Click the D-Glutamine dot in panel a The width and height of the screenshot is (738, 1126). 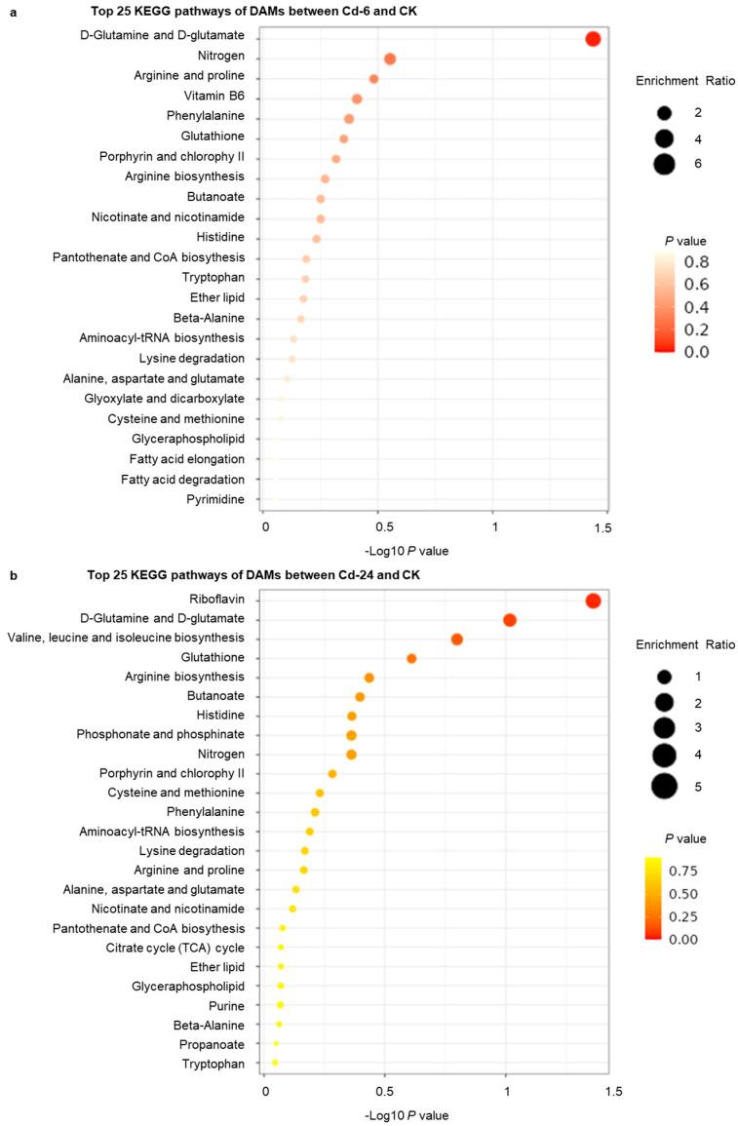tap(592, 39)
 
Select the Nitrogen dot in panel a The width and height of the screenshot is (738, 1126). tap(390, 59)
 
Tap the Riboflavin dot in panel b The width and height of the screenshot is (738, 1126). tap(593, 602)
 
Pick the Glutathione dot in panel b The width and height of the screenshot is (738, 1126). tap(411, 659)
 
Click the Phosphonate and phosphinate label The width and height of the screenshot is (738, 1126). tap(161, 734)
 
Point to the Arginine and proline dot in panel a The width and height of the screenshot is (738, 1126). tap(373, 79)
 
